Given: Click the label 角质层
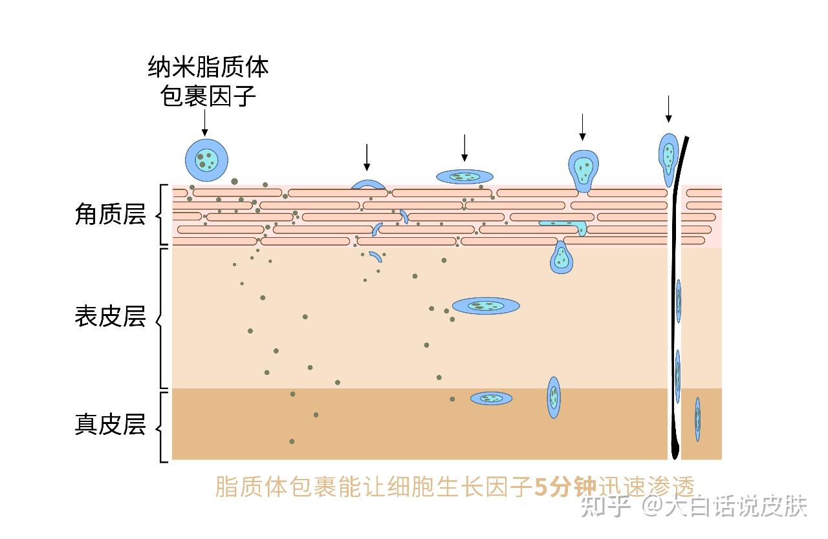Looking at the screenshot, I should pyautogui.click(x=111, y=215).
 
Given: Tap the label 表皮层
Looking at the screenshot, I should pyautogui.click(x=111, y=317).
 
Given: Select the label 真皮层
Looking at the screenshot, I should pyautogui.click(x=111, y=425).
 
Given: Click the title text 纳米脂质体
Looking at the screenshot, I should pyautogui.click(x=208, y=67).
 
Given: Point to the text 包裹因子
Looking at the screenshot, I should pyautogui.click(x=208, y=97).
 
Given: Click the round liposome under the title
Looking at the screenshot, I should pyautogui.click(x=206, y=160).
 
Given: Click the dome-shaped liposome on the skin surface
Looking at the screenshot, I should pyautogui.click(x=368, y=185).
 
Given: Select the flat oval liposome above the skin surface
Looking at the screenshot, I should pyautogui.click(x=464, y=176).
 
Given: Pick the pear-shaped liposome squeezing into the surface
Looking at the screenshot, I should pyautogui.click(x=583, y=170).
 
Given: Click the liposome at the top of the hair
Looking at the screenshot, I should pyautogui.click(x=668, y=155).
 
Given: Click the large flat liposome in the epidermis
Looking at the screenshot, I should pyautogui.click(x=486, y=306).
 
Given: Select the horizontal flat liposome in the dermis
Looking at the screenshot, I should pyautogui.click(x=491, y=398).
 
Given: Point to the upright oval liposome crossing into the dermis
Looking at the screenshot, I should pyautogui.click(x=554, y=397).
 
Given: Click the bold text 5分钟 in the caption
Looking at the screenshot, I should pyautogui.click(x=565, y=487).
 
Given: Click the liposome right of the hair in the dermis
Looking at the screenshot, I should pyautogui.click(x=697, y=419).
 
